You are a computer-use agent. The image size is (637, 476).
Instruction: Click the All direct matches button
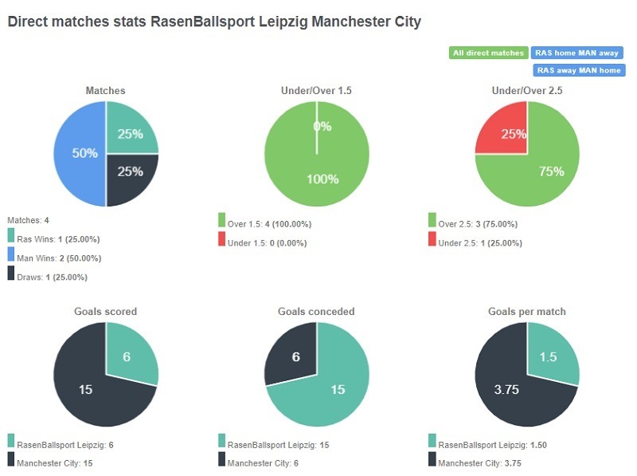pos(488,53)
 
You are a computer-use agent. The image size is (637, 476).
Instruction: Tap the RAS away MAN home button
pos(578,70)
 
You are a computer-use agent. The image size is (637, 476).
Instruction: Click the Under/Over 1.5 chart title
pos(316,91)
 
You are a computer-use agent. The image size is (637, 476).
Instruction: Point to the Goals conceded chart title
pos(316,312)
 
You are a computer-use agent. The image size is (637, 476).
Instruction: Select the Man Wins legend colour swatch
pos(11,255)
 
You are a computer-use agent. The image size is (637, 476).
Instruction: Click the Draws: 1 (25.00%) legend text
pos(52,277)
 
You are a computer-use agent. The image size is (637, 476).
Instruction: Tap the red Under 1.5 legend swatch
pos(221,239)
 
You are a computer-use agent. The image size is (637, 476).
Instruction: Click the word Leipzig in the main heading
pos(283,22)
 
